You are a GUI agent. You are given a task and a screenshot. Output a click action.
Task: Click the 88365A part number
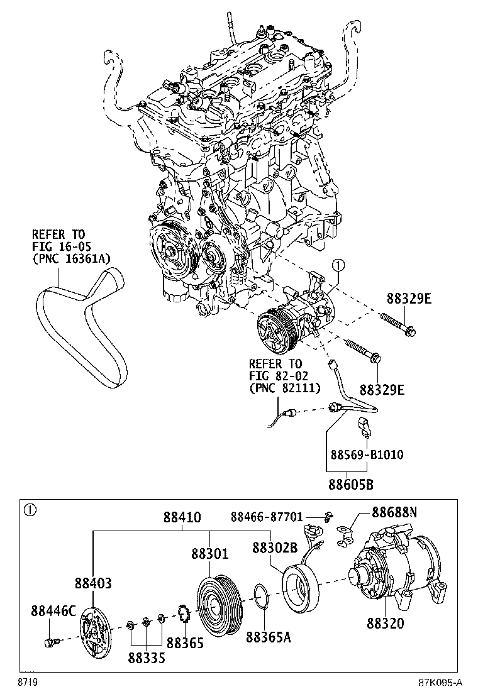click(269, 636)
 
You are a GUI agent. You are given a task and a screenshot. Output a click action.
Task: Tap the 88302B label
click(275, 547)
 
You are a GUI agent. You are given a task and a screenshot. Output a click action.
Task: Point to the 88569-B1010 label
click(367, 454)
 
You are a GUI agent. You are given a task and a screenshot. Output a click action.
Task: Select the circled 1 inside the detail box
click(28, 510)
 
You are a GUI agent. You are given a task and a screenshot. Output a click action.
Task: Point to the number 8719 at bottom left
click(25, 682)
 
